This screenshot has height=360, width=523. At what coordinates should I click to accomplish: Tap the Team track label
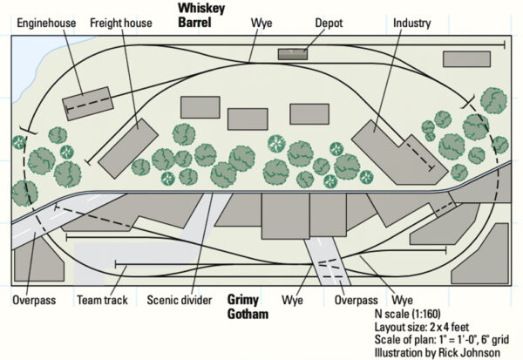click(x=102, y=301)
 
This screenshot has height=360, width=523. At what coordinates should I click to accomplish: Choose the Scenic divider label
click(x=179, y=301)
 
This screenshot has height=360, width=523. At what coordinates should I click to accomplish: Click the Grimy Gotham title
click(x=248, y=307)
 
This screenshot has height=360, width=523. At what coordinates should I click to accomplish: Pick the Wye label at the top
click(x=261, y=22)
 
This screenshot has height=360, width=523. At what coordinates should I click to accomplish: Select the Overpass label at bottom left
click(x=34, y=301)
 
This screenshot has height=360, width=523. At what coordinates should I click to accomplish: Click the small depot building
click(x=292, y=54)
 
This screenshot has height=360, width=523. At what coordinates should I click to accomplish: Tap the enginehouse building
click(x=86, y=102)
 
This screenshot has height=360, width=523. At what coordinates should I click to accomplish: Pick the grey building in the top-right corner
click(x=465, y=59)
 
